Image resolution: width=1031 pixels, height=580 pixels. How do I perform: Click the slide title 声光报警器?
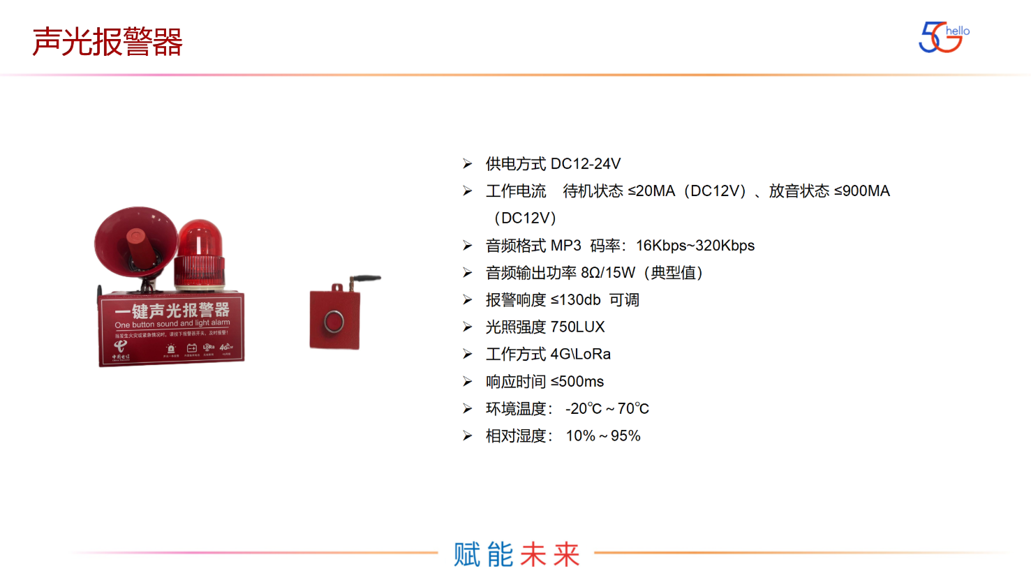(107, 42)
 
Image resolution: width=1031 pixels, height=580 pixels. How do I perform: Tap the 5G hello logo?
(943, 37)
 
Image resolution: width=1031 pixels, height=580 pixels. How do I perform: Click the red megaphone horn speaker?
(135, 241)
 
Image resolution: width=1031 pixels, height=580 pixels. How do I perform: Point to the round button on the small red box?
(334, 322)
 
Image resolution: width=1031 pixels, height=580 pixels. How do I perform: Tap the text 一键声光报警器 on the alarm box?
(172, 311)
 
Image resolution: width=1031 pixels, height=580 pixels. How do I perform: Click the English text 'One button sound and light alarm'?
(172, 324)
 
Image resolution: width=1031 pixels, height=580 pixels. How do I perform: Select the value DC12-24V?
(585, 164)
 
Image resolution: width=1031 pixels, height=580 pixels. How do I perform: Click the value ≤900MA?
(861, 191)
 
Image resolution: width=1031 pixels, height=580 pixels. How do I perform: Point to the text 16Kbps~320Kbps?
(695, 246)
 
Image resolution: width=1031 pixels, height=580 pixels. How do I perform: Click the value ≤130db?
(575, 300)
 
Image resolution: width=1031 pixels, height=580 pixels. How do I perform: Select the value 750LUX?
(577, 327)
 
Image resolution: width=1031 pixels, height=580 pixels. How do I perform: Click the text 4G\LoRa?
(580, 355)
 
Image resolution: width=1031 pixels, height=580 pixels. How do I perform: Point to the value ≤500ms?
(577, 382)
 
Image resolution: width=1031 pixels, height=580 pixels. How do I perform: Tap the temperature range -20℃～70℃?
(607, 409)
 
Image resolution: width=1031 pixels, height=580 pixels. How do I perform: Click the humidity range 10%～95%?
(602, 436)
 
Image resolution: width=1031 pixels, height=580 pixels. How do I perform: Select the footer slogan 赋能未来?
(517, 554)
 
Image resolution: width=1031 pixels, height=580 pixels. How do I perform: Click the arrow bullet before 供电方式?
(467, 164)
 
